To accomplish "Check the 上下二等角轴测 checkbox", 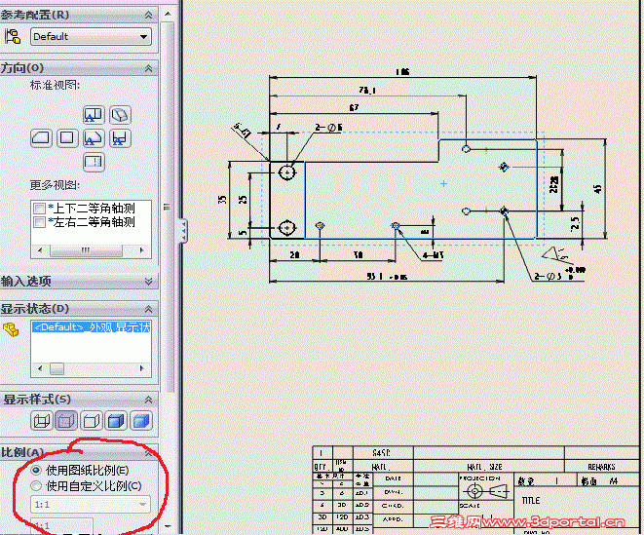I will click(x=39, y=209).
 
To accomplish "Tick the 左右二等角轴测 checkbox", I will click(x=39, y=222).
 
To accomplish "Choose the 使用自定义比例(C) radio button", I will click(x=37, y=485).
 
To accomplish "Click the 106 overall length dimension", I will click(x=402, y=72).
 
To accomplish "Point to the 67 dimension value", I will click(x=353, y=106).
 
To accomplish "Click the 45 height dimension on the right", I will click(x=596, y=188).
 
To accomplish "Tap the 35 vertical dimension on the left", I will click(x=222, y=199).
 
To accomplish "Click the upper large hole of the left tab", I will click(x=287, y=172).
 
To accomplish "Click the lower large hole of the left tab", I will click(x=287, y=227).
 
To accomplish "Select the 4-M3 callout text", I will click(x=435, y=255).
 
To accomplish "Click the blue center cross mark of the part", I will click(x=443, y=183).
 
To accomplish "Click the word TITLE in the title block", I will click(x=530, y=501).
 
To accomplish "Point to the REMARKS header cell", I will click(x=601, y=467).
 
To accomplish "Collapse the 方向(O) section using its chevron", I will click(x=149, y=68).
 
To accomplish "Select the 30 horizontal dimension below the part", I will click(x=359, y=255).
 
